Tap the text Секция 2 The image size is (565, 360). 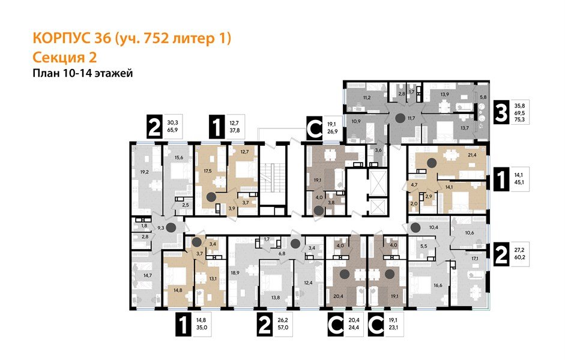point(63,58)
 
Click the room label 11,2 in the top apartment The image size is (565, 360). point(366,97)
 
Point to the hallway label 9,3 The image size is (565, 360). point(161,228)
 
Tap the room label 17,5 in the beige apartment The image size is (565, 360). point(209,171)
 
